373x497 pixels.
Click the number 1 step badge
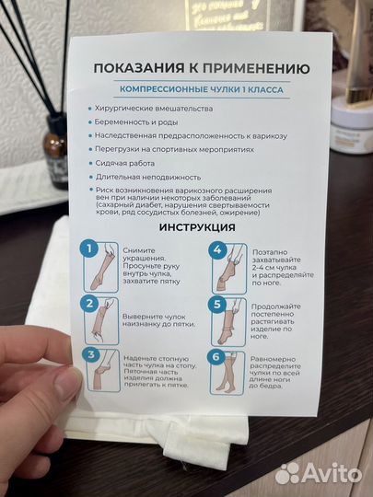click(88, 249)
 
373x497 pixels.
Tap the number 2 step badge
click(88, 303)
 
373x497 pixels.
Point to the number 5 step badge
click(218, 304)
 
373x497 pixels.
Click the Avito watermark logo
click(317, 471)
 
